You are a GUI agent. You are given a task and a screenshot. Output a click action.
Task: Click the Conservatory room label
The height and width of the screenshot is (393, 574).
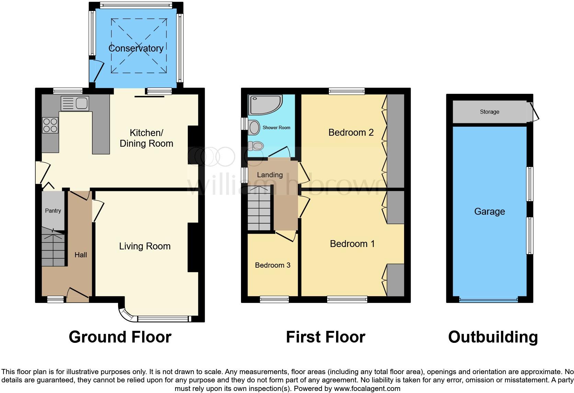tap(136, 48)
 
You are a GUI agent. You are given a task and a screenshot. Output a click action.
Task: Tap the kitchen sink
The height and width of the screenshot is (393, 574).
tap(75, 103)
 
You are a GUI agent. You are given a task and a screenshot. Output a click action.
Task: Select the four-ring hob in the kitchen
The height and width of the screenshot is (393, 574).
tap(50, 125)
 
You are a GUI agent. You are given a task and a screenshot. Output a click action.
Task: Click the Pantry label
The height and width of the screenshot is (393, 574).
tap(53, 211)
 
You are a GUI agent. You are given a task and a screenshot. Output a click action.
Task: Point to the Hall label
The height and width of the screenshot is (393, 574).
tap(81, 255)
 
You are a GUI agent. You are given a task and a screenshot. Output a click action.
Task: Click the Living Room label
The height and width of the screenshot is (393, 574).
tap(145, 246)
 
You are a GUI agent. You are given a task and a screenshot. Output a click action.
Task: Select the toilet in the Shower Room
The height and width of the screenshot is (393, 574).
tap(255, 146)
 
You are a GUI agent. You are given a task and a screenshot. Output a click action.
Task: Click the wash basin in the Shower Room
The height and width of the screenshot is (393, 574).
tap(254, 127)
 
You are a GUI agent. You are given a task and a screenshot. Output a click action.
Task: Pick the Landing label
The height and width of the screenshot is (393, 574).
tap(270, 175)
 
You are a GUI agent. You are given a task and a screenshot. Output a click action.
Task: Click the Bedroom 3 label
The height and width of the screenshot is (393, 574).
tap(273, 265)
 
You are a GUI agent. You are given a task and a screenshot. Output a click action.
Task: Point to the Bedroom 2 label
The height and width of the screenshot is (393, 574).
tap(351, 133)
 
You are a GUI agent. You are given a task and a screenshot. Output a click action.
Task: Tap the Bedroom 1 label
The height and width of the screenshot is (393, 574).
tap(352, 244)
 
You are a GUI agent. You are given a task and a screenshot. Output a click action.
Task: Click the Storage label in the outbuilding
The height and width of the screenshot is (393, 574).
tap(489, 112)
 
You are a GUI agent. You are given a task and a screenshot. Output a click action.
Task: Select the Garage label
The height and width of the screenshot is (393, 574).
tap(489, 212)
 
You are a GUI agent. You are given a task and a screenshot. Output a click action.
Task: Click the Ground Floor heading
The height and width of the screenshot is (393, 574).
tap(120, 337)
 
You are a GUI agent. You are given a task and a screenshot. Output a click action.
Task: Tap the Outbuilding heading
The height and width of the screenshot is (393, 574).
tap(493, 337)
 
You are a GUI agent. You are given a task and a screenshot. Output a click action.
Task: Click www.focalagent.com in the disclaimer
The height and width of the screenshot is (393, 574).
tap(367, 389)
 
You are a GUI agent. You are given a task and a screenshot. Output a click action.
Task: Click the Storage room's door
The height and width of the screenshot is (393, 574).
tap(534, 112)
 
